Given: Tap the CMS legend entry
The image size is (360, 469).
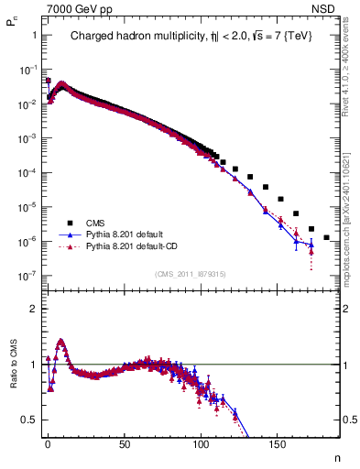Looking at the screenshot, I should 95,223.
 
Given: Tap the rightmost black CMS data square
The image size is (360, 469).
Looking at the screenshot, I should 327,237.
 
